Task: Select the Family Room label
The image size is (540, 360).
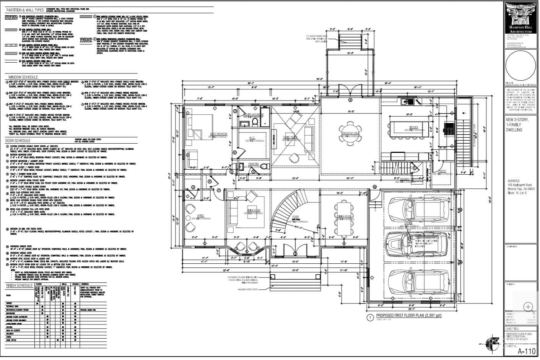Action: coord(290,137)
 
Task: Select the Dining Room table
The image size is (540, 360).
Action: coord(342,219)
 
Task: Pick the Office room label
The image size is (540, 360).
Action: coord(200,216)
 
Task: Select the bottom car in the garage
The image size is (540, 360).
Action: coord(417,281)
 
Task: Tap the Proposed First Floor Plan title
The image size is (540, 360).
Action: coord(408,315)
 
